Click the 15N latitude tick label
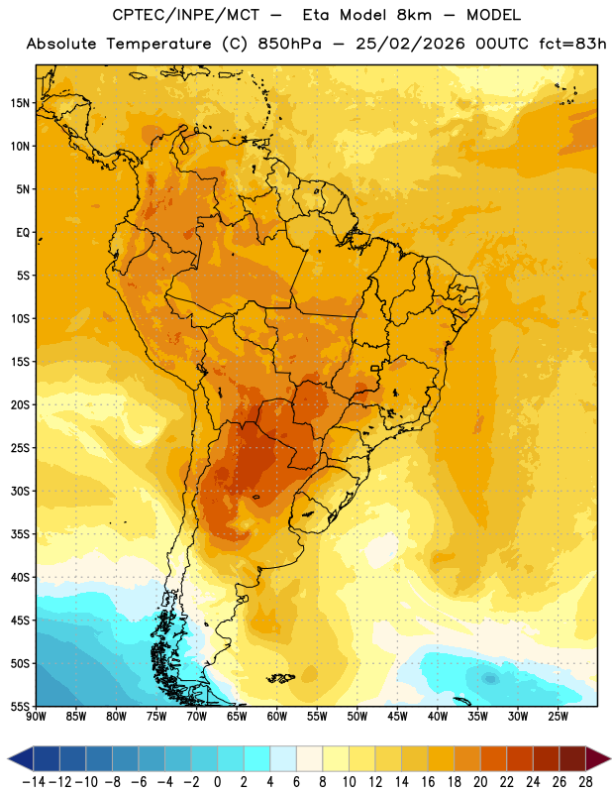pos(20,103)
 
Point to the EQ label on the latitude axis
pos(23,233)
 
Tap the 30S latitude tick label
pos(20,491)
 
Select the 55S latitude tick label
pos(20,706)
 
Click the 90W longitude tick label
pos(36,716)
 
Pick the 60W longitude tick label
pos(277,716)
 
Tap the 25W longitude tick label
pos(558,716)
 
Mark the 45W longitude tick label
pos(397,716)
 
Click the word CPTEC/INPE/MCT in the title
pos(185,15)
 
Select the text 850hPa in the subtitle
pos(289,44)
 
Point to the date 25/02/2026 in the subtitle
pos(410,44)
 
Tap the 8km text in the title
pos(414,15)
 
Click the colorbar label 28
pos(585,782)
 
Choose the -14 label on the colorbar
pos(34,782)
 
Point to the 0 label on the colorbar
pos(217,782)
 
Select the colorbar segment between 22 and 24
pos(520,758)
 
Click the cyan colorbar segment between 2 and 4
pos(257,758)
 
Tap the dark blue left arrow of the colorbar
pos(21,758)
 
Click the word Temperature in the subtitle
pos(158,44)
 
